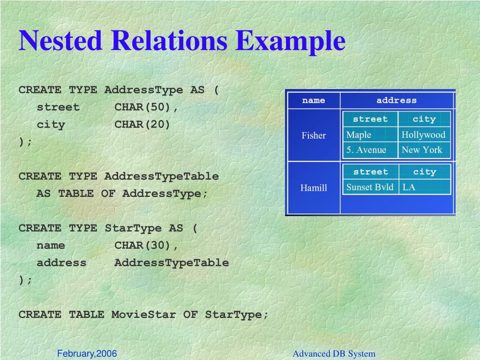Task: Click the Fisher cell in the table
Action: [314, 135]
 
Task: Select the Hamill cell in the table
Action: [314, 188]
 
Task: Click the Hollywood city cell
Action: [423, 135]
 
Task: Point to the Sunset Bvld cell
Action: [370, 187]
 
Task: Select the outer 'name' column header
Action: [314, 100]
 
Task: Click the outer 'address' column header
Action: [397, 100]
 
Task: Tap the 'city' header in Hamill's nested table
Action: [424, 172]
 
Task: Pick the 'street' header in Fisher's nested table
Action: [370, 119]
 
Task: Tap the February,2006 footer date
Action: [87, 353]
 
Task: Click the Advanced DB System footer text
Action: [334, 354]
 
